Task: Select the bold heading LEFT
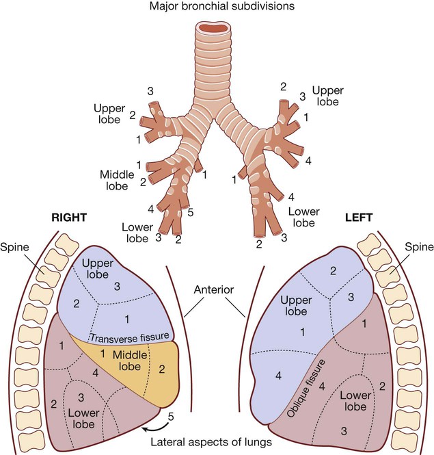tap(360, 218)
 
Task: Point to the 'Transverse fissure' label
tap(129, 337)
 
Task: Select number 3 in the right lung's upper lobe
tap(117, 285)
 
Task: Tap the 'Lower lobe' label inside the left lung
tap(355, 401)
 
